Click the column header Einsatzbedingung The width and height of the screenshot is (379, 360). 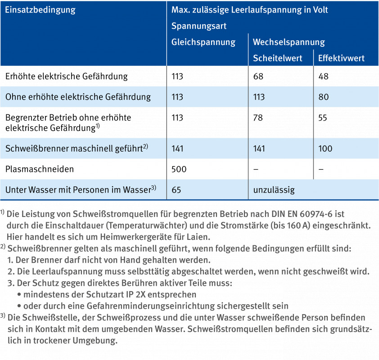[40, 9]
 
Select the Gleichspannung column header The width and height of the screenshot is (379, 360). [203, 42]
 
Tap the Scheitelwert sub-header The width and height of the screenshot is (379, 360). [278, 58]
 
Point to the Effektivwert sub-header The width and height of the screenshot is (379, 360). [341, 58]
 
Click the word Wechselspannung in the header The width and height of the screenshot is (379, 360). [289, 42]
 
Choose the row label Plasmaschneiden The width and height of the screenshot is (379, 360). [40, 169]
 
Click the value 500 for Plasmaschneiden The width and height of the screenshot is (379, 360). [179, 169]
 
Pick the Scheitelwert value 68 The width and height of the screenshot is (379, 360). [258, 76]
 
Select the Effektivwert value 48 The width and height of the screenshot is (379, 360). [323, 76]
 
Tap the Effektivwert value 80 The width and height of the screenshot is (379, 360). [323, 97]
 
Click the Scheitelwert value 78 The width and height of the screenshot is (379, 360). [258, 117]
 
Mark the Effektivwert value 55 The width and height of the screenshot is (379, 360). [323, 117]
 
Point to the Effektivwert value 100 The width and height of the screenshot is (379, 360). [325, 148]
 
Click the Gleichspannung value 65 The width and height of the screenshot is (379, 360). [176, 189]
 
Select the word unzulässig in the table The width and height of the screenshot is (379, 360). [274, 189]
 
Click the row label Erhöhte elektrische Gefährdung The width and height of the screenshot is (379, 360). [67, 76]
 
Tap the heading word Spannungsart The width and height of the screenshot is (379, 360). [199, 26]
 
